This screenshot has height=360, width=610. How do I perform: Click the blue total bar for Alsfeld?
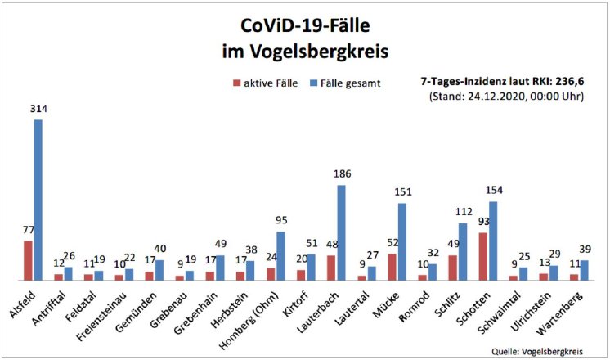coord(38,200)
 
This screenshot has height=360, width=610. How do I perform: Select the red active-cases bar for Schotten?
coord(484,256)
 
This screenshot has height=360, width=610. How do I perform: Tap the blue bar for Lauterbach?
coord(341,233)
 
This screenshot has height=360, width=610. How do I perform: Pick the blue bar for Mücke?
coord(401,242)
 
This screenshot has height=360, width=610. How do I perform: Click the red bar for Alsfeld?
coord(28,260)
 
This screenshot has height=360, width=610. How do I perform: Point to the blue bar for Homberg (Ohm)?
coord(280,255)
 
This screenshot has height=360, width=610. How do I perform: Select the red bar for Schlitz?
coord(453,268)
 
